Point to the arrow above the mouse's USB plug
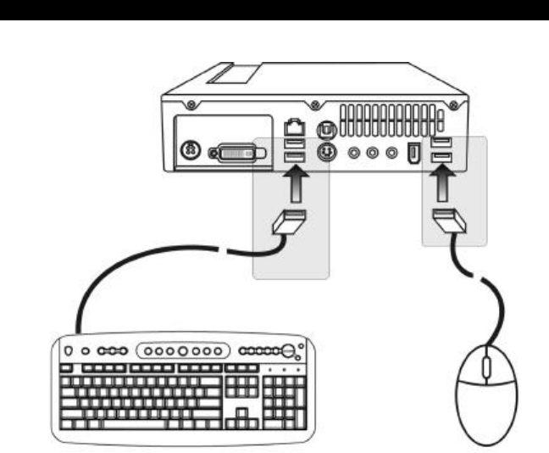click(x=442, y=182)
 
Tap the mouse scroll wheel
click(x=485, y=367)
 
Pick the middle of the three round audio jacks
click(x=373, y=154)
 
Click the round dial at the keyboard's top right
click(x=289, y=350)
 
